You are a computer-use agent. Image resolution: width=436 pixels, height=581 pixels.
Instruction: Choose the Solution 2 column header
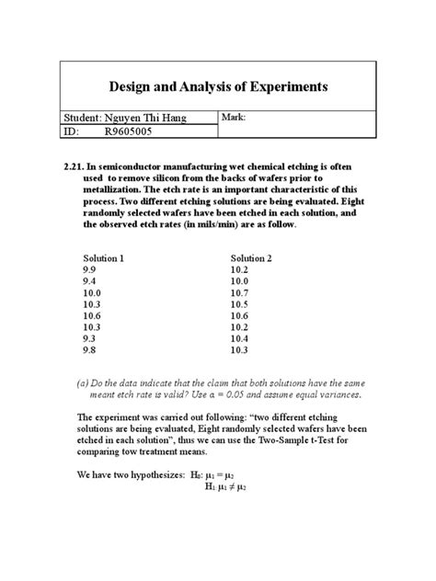point(252,258)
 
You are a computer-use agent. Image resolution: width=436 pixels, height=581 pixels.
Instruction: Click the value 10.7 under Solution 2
point(241,292)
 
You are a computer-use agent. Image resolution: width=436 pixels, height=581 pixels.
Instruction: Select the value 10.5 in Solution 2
point(241,304)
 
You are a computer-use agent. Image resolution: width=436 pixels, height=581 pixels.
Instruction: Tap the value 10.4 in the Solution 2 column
point(241,338)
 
